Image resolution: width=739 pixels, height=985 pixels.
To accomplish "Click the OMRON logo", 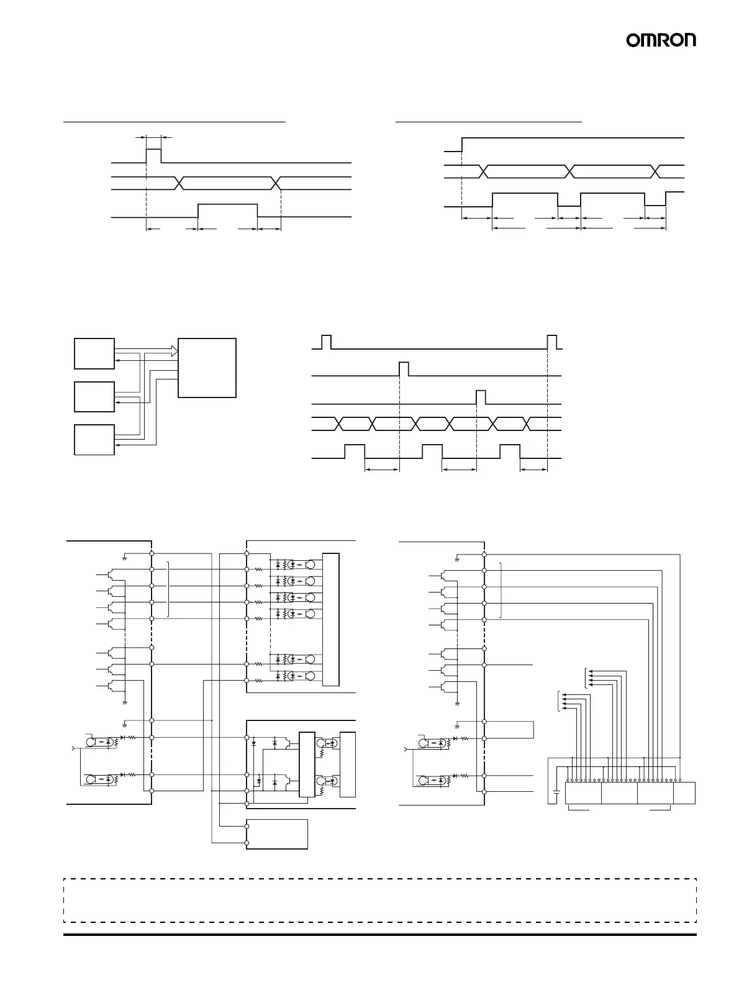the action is pos(661,40).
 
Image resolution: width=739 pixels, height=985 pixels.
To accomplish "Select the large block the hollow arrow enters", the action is pos(207,368).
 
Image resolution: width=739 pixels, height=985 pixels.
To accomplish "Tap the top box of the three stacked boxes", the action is pos(94,353).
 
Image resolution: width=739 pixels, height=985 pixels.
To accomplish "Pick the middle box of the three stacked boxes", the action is pos(94,397).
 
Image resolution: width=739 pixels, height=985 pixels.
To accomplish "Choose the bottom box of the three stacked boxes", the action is pos(94,440).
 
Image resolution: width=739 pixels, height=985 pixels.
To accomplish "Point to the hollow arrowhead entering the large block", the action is pos(175,353).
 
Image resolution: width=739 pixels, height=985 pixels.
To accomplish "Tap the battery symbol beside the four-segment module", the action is pos(556,793).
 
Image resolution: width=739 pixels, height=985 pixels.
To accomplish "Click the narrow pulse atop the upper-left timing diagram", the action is pos(153,155).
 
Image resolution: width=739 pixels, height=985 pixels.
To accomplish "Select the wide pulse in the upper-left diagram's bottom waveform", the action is pos(227,210).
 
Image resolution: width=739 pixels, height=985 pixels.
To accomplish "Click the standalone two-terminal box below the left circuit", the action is pos(277,834).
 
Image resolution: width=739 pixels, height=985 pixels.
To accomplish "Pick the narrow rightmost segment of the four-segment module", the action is pos(684,793).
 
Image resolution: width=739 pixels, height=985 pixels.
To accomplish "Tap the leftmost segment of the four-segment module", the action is pos(583,793).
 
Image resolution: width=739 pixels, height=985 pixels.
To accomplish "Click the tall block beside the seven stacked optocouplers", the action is pos(332,619).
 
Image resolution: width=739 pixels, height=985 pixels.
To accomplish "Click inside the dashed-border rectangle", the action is pos(379,900).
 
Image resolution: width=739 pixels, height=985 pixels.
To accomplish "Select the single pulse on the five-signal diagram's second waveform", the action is pos(404,368).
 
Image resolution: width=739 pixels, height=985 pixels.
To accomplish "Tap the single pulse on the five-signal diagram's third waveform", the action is pos(481,397).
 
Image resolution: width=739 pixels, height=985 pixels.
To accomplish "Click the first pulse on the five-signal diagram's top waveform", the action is pos(327,341).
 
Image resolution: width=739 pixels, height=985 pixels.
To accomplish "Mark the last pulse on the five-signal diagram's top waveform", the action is pos(553,341).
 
